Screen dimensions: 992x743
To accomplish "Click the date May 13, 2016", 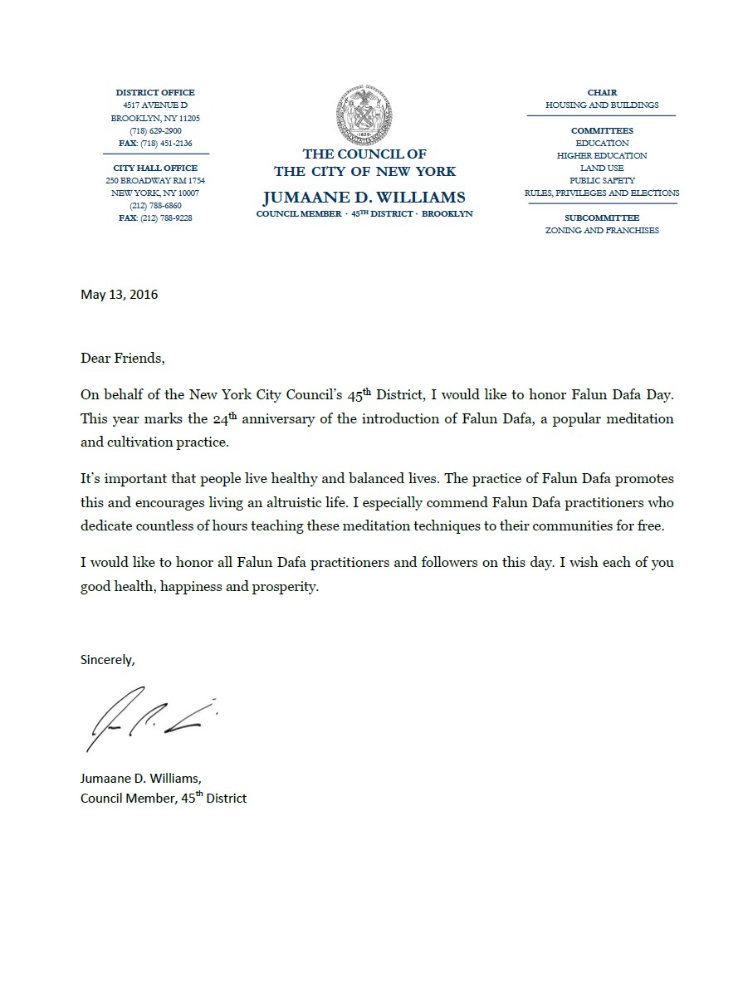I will (119, 295).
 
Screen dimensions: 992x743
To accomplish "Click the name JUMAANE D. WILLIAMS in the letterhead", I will (364, 198).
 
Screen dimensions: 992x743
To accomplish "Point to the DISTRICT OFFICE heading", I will (155, 93).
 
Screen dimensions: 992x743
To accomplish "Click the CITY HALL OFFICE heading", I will (155, 168).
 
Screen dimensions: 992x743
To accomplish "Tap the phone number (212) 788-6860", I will (155, 205).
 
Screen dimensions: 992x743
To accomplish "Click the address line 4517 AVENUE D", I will (155, 105).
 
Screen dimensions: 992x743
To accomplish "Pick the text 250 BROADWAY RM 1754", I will (155, 180).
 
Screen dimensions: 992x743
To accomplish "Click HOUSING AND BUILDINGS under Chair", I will (602, 105).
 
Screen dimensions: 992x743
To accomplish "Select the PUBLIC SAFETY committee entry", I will (602, 180).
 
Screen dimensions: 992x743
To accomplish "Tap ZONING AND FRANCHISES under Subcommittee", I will (602, 230).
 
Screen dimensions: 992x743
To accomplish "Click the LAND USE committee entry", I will (602, 168).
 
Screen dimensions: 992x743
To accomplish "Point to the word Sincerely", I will (107, 660).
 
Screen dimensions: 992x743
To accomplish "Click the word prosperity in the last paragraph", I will (289, 587).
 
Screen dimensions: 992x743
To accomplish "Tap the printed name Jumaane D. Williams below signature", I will (140, 779).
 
